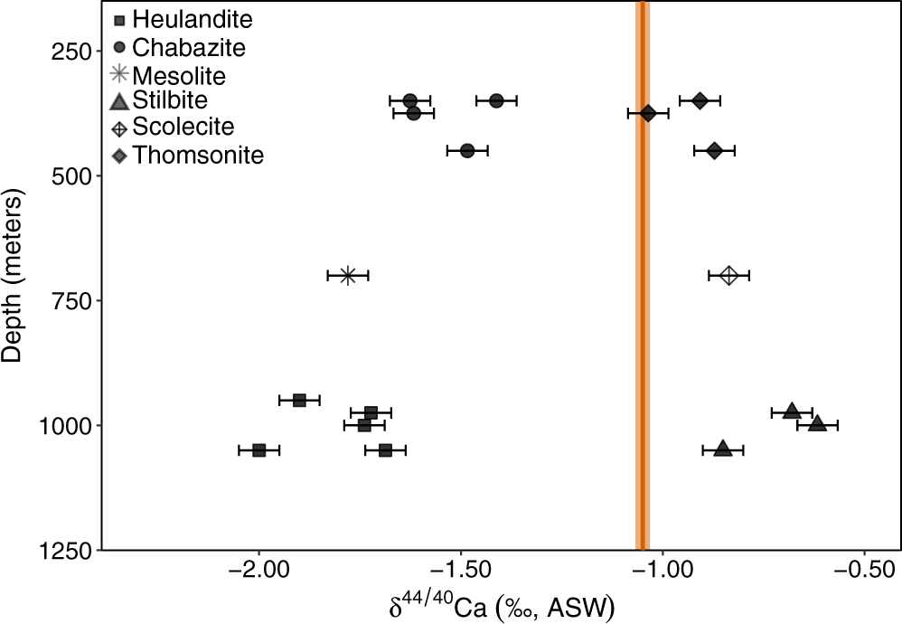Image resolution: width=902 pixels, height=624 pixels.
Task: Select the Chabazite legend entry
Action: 177,45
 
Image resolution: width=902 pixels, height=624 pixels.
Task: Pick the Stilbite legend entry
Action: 163,100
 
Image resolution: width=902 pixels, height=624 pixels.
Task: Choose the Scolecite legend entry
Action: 171,128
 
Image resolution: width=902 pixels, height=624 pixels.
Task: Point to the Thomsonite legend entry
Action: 186,156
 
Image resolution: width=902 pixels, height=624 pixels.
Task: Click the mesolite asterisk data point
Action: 348,275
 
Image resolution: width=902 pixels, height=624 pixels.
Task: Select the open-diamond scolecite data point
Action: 729,275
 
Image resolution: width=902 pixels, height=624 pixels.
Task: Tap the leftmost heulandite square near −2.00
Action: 259,449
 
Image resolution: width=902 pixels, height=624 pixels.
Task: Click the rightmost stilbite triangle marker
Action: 817,423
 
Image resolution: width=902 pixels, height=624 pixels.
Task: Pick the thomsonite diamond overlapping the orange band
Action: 648,113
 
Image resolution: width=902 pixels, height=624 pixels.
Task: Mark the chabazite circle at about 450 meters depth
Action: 467,150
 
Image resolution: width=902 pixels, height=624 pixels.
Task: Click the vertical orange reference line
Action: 642,271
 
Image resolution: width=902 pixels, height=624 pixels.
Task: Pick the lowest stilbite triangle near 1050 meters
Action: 723,449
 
